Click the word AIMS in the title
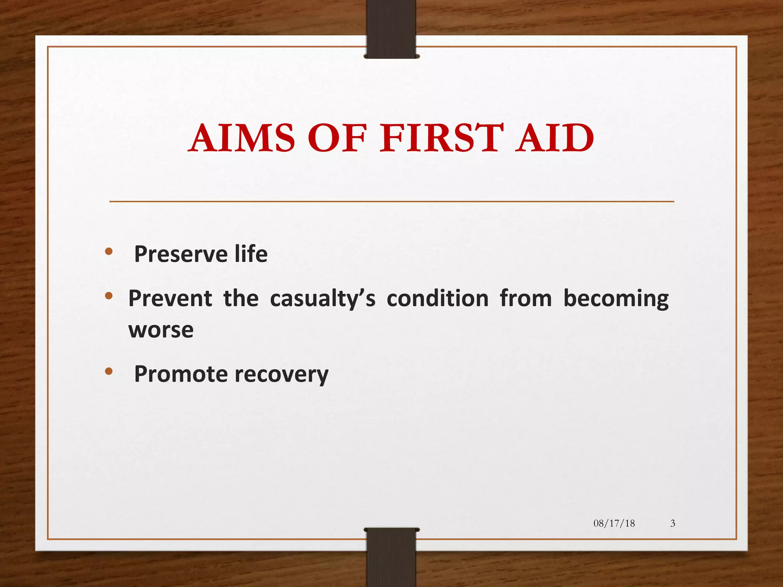point(243,138)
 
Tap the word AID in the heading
point(554,138)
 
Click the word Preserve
point(181,254)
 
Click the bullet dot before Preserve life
point(109,251)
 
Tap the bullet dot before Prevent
point(109,295)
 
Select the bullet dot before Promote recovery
point(109,371)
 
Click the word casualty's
point(323,299)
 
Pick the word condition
point(437,298)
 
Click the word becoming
point(616,299)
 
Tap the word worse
point(161,330)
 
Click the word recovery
point(281,375)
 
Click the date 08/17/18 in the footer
point(614,523)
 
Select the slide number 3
point(673,523)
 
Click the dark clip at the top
point(391,29)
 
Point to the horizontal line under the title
point(391,201)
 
